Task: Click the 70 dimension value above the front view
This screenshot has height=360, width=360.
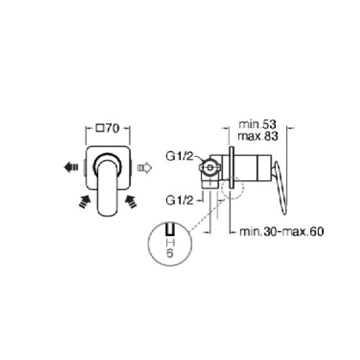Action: coord(112,128)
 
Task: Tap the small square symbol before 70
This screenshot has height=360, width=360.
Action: coord(100,128)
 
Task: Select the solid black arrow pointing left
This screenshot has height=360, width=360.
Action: coord(71,167)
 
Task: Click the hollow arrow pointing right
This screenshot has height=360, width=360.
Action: coord(145,167)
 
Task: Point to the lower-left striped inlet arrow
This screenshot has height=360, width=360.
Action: coord(84,201)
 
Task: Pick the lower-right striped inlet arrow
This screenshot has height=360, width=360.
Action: coord(131,201)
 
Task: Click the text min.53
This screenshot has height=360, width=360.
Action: coord(258,125)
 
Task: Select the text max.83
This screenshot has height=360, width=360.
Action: coord(258,136)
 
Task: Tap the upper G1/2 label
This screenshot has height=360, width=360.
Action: coord(179,157)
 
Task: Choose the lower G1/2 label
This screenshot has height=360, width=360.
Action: coord(179,200)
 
